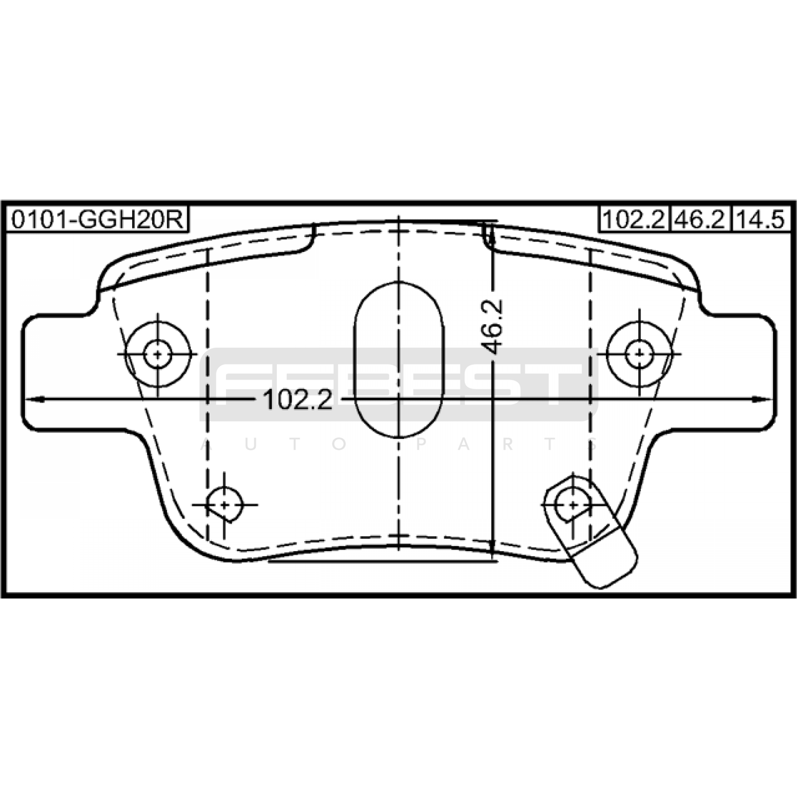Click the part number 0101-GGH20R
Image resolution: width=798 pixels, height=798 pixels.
pyautogui.click(x=98, y=219)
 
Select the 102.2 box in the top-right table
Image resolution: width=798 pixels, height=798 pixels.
pyautogui.click(x=634, y=219)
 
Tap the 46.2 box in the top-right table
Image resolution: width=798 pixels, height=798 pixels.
pyautogui.click(x=700, y=219)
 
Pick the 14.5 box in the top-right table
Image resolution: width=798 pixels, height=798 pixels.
pyautogui.click(x=762, y=219)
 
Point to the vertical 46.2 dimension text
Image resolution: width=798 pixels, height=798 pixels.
pyautogui.click(x=493, y=327)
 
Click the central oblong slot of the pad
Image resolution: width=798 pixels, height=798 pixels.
pyautogui.click(x=399, y=359)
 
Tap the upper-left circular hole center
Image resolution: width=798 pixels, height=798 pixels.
pyautogui.click(x=158, y=355)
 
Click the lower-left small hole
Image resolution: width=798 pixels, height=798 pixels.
pyautogui.click(x=224, y=505)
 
